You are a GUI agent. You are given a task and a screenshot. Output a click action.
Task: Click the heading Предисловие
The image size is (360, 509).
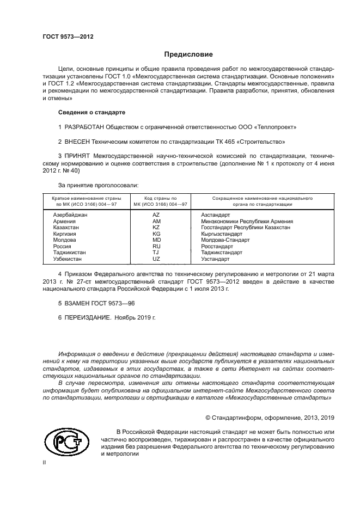pos(188,54)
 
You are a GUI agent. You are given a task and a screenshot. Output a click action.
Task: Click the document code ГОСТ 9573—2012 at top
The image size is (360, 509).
pos(68,36)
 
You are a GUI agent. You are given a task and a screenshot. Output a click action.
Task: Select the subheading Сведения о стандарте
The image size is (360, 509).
pos(91,112)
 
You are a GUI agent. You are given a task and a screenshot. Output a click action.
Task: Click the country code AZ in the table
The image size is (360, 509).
pos(156,216)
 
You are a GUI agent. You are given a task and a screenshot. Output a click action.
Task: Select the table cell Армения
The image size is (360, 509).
pos(64,222)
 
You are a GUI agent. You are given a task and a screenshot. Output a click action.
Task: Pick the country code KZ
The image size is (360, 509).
pos(156,228)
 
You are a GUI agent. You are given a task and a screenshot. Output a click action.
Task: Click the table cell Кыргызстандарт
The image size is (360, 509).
pos(222,234)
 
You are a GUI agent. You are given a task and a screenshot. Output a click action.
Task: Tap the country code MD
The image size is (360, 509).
pos(156,240)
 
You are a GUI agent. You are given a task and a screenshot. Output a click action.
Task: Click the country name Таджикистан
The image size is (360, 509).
pos(69,252)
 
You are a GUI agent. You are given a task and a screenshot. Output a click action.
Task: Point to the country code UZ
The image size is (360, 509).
pos(156,258)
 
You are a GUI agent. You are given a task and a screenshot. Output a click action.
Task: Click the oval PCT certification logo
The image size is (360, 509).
pos(69,439)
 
